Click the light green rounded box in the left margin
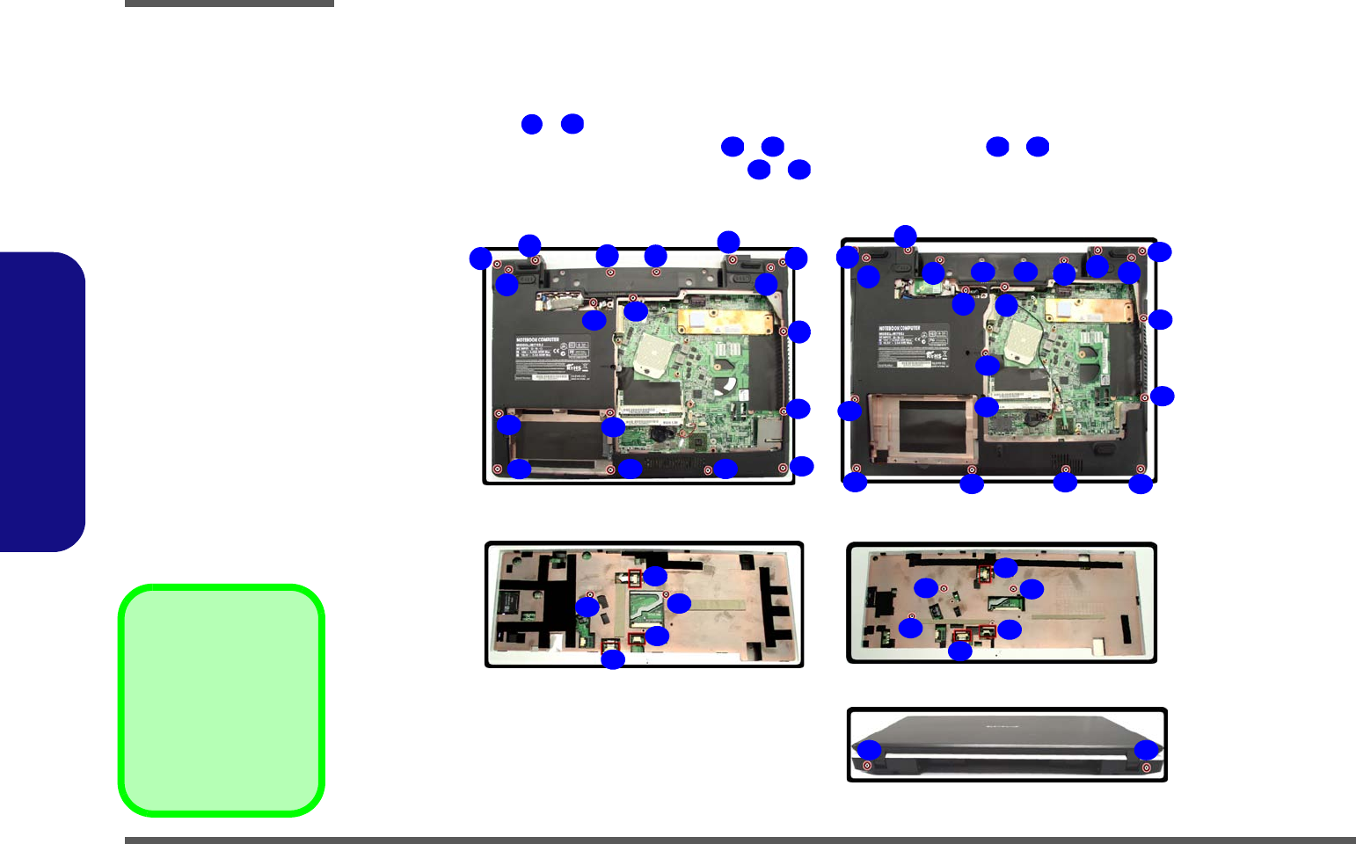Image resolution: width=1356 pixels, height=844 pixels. coord(222,700)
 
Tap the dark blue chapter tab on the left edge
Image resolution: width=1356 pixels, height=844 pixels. coord(42,402)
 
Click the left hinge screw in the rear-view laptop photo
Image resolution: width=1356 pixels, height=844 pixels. coord(867,766)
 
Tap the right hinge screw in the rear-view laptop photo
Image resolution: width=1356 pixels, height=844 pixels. coord(1145,767)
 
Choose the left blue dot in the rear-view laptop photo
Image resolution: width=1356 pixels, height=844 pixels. coord(869,750)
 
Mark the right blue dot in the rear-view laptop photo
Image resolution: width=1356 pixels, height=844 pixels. coord(1146,750)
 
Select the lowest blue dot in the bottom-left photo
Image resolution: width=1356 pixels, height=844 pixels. coord(612,659)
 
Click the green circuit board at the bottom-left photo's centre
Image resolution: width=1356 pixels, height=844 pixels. coord(646,608)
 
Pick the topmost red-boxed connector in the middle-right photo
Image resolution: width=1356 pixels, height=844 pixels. coord(985,574)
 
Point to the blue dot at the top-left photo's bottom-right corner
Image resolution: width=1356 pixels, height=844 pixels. coord(801,466)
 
